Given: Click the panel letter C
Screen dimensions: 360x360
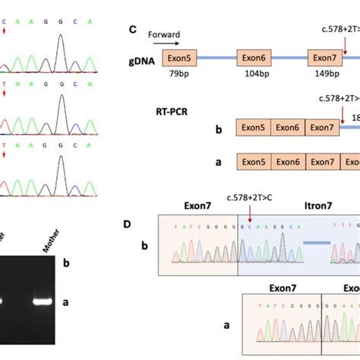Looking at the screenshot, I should [132, 30].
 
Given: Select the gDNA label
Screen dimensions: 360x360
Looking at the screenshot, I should [141, 58].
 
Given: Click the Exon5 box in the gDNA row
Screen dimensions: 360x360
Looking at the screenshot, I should [180, 58].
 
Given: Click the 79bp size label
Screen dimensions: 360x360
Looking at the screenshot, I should [180, 75].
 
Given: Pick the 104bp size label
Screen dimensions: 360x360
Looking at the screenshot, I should [255, 75].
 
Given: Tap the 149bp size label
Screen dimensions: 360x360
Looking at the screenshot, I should [325, 75].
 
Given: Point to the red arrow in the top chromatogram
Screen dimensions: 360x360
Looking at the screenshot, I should [5, 31].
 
